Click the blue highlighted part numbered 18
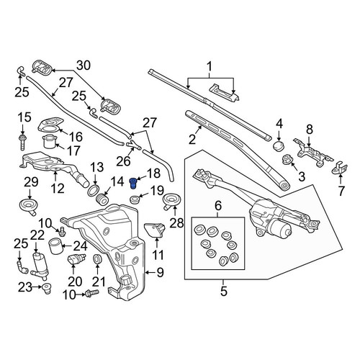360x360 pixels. pos(132,184)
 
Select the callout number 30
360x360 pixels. pos(84,66)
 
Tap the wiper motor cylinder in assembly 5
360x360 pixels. pos(280,228)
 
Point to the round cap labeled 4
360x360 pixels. pos(279,145)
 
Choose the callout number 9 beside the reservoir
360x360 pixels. pos(160,272)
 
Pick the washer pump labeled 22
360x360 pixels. pos(40,266)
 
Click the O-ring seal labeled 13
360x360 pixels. pos(94,189)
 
